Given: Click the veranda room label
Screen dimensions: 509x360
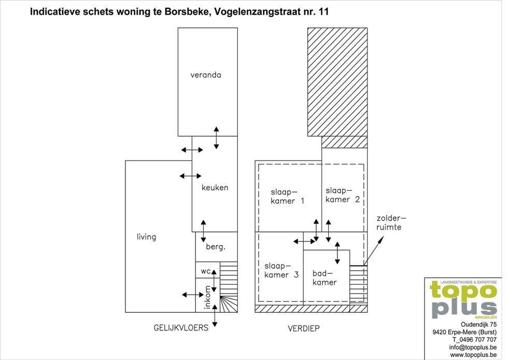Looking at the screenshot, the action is coord(206,75).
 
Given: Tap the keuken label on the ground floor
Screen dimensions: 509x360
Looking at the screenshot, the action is coord(215,187).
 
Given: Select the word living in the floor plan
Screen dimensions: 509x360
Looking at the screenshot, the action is coord(146,237).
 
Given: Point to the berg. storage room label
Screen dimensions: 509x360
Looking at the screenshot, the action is coord(216,247).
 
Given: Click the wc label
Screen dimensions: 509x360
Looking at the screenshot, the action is coord(206,271).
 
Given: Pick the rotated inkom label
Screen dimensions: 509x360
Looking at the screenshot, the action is coord(207,297).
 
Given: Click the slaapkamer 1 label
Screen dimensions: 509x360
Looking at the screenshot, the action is coord(288,196).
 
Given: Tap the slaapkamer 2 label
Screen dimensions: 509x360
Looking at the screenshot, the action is coord(343,195).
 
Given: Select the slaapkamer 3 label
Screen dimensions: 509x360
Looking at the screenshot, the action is coord(281,270).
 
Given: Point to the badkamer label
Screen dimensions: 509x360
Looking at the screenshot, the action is coord(324,278).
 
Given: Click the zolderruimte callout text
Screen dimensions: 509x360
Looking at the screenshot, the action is coord(391,223).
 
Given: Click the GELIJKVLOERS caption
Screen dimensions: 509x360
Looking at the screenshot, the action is coord(181,327).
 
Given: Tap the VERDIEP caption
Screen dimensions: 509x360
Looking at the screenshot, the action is coord(304,328).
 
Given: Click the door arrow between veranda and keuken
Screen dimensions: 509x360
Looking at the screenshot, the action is coord(216,138).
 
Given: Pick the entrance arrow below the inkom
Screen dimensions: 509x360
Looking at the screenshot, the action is coord(215,315).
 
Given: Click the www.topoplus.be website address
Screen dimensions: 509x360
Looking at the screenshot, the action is coord(473,355).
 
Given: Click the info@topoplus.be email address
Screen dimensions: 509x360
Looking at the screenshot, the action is coord(473,348).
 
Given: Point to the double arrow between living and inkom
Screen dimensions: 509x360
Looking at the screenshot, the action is coord(193,295).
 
